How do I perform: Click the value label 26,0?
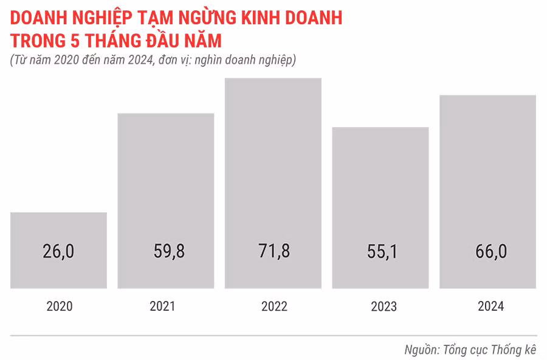point(59,252)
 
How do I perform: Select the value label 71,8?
point(273,252)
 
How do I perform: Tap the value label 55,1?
point(380,252)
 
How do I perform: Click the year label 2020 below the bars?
point(59,306)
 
